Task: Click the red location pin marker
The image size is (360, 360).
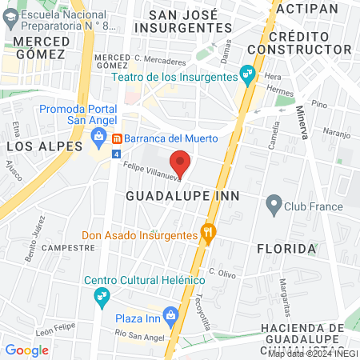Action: point(182,162)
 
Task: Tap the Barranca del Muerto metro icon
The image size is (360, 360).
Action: point(117,138)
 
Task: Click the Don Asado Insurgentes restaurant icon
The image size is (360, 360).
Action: point(209,235)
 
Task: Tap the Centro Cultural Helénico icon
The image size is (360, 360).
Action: point(102,295)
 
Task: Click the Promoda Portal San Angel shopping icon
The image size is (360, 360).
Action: point(98,138)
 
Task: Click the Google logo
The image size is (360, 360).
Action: point(26,350)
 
